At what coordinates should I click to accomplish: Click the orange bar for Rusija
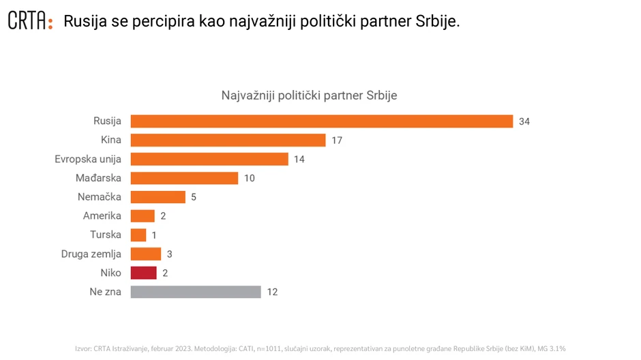click(321, 121)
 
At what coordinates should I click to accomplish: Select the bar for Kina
click(228, 140)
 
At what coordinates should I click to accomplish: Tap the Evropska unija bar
click(209, 160)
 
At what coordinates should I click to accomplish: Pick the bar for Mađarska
click(184, 178)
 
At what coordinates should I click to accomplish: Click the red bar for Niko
click(143, 273)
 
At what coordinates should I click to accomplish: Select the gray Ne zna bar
click(196, 292)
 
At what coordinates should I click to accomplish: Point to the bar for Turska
click(138, 235)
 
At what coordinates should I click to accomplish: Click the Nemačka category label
click(100, 197)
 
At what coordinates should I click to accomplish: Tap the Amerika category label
click(102, 216)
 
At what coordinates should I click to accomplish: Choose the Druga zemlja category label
click(91, 254)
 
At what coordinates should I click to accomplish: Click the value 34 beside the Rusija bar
click(524, 121)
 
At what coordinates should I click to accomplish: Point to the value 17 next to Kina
click(336, 140)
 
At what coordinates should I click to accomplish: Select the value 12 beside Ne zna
click(272, 292)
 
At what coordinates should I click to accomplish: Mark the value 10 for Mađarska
click(249, 178)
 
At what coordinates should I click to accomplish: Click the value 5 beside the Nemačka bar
click(194, 197)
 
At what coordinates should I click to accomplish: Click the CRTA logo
click(29, 21)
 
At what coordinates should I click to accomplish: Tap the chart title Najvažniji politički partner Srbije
click(309, 95)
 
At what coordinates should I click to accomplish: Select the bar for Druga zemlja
click(146, 254)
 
